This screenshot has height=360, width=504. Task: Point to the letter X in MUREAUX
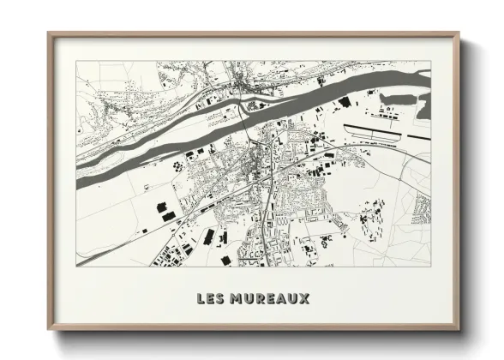(x=305, y=299)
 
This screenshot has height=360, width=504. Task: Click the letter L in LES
(x=201, y=299)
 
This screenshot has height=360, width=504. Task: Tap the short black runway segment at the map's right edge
(x=418, y=136)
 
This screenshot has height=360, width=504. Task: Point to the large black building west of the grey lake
(x=345, y=102)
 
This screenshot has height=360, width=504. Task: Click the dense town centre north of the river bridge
(x=244, y=84)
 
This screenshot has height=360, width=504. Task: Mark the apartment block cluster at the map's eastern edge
(x=422, y=206)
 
